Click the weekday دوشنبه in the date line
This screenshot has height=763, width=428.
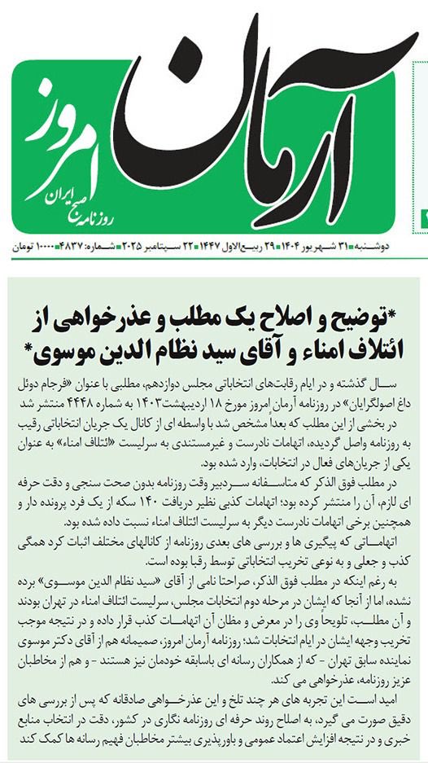(x=402, y=243)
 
